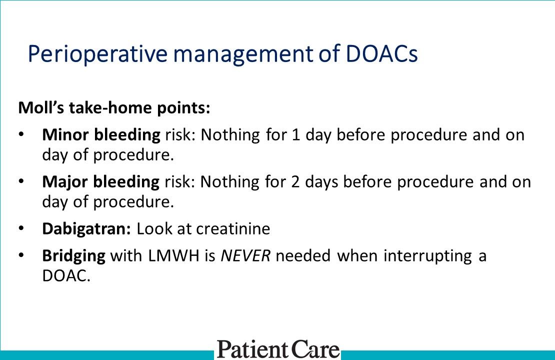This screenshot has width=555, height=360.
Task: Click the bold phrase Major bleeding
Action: [100, 181]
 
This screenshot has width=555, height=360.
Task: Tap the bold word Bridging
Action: [74, 255]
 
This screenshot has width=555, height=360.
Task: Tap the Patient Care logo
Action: [278, 348]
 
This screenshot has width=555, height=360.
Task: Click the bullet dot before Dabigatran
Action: [20, 229]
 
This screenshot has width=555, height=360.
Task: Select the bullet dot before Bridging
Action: [20, 256]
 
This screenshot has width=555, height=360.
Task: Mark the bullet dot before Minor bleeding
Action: [20, 135]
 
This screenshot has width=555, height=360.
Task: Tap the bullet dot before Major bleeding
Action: [20, 182]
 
